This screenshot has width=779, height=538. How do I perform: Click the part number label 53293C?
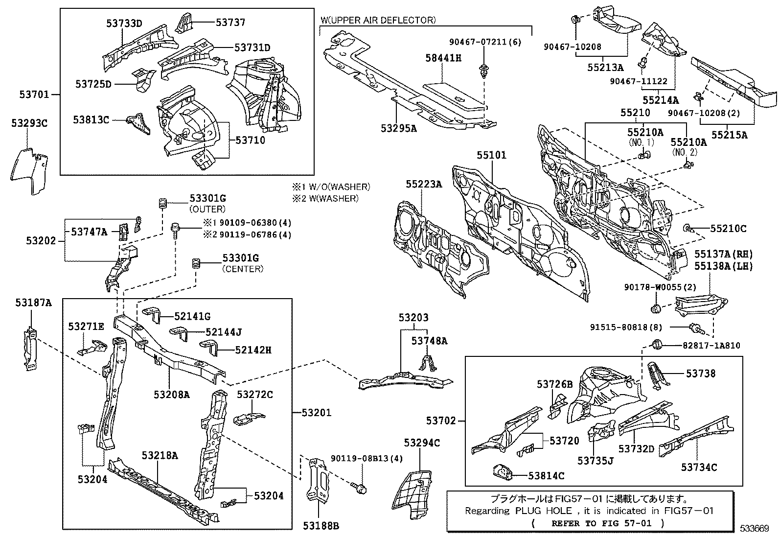(x=29, y=123)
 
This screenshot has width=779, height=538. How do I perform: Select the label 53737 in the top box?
(x=230, y=22)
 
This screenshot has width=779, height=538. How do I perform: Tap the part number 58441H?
(x=443, y=58)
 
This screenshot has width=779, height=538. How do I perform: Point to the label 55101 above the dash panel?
(x=492, y=155)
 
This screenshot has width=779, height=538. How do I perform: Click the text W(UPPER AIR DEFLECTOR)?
(x=378, y=20)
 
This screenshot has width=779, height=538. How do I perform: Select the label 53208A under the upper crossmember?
(x=171, y=394)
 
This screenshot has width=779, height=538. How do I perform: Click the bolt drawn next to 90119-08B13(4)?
(x=360, y=487)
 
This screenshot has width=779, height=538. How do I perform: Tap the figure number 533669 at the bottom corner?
(x=754, y=529)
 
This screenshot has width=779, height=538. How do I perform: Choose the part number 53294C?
(x=422, y=443)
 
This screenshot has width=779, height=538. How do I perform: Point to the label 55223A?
(x=423, y=184)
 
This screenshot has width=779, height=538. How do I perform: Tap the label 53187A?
(x=33, y=303)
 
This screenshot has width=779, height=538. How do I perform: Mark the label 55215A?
(x=729, y=135)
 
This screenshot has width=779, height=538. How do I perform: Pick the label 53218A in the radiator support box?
(x=160, y=455)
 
